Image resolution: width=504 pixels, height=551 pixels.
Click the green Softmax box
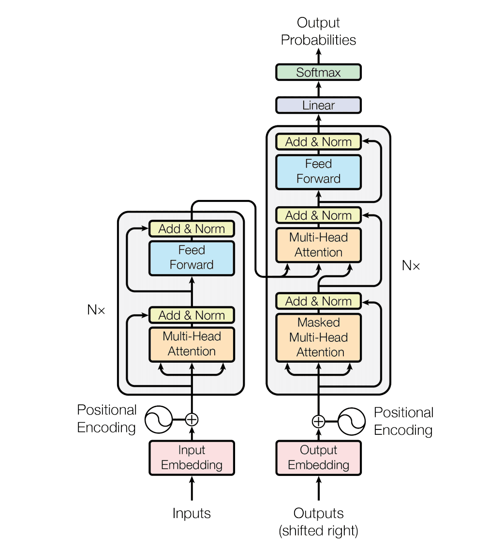[x=318, y=72]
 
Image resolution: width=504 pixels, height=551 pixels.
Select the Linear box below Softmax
[x=318, y=105]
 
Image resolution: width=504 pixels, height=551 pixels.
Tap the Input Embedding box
[x=192, y=458]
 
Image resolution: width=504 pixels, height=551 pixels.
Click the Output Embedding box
[x=318, y=458]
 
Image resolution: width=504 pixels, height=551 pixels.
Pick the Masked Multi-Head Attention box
[x=318, y=337]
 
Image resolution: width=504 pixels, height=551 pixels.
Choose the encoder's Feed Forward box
[x=192, y=258]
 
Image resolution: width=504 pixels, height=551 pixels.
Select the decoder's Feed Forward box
[x=318, y=171]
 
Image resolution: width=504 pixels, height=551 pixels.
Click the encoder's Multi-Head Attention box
[x=192, y=344]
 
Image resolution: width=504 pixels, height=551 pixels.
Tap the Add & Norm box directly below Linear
[x=318, y=142]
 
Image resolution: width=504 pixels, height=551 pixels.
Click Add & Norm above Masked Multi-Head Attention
[x=318, y=301]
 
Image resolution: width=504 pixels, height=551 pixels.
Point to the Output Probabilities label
[x=318, y=31]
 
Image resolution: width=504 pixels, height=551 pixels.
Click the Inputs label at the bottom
[x=192, y=513]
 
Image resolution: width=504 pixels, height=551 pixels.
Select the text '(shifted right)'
[x=318, y=531]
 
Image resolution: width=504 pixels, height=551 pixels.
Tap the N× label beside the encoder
[x=96, y=310]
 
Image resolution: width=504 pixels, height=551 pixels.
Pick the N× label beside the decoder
[x=411, y=265]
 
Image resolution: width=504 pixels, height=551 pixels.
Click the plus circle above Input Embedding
[x=192, y=419]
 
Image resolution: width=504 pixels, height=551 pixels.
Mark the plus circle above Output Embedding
[x=318, y=421]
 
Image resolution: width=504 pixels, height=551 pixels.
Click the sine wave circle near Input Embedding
[x=159, y=419]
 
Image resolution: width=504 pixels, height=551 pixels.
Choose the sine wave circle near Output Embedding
[x=351, y=422]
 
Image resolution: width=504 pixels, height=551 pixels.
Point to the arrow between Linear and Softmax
[x=318, y=89]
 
